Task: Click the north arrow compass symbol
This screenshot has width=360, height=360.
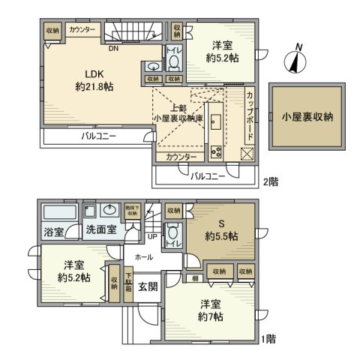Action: click(x=296, y=59)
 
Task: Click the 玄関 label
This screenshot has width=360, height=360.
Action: click(x=148, y=285)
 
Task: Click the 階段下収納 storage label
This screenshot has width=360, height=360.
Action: click(x=133, y=211)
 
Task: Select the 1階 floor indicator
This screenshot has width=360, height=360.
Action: click(x=269, y=339)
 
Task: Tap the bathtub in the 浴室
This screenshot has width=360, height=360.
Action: click(x=57, y=211)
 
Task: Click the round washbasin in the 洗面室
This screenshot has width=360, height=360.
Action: click(x=110, y=210)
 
